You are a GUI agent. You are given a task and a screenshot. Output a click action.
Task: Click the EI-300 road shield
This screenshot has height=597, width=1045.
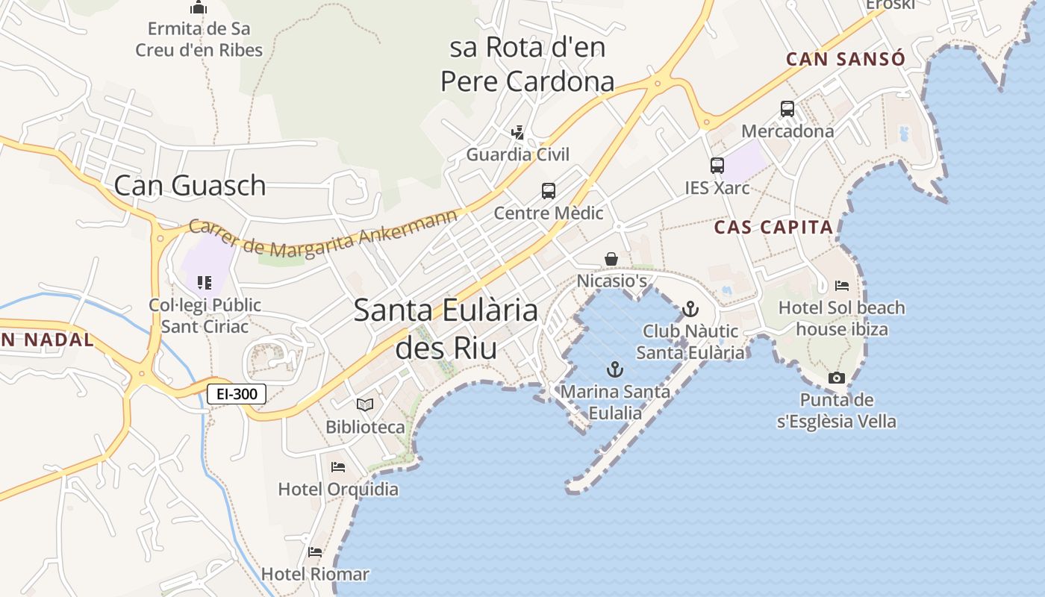point(236,394)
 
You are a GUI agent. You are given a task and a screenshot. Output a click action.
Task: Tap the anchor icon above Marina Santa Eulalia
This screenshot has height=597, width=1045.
point(614,369)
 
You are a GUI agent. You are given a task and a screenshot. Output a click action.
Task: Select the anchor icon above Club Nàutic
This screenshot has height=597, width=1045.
point(690,308)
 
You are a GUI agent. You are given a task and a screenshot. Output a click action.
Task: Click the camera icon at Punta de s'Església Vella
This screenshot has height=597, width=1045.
point(837,378)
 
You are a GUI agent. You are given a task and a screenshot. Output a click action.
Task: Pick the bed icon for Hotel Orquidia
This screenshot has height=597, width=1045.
point(338,467)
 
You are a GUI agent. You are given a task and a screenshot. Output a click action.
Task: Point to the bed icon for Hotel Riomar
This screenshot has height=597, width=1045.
point(315,552)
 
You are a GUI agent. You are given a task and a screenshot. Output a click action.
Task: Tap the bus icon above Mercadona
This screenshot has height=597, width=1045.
point(787,109)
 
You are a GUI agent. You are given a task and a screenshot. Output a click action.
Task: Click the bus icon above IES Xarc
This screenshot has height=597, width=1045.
point(717,166)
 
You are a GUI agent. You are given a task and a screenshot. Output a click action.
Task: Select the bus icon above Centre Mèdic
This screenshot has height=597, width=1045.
point(549,191)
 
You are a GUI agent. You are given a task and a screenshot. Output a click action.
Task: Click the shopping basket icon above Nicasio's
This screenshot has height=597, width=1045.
point(611,259)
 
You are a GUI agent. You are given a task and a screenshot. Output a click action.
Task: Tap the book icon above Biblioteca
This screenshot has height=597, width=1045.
point(365,404)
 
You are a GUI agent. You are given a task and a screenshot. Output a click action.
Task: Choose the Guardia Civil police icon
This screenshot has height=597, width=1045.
point(517,133)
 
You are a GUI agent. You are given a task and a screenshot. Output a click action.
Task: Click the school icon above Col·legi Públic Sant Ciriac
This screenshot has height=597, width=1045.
point(205,282)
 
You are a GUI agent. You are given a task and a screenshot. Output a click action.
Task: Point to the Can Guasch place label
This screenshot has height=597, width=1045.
point(190,185)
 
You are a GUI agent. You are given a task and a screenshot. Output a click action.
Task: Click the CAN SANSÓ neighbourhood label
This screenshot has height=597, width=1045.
point(846,59)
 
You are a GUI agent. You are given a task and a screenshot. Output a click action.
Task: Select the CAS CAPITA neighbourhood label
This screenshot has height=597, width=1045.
point(773,228)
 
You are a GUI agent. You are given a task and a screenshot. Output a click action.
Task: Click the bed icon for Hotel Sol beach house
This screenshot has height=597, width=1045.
point(842,285)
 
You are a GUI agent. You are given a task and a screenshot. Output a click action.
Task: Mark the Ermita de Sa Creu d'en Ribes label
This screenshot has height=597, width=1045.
point(199,40)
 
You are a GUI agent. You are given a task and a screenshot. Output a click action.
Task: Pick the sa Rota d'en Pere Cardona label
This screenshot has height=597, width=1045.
point(527,64)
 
